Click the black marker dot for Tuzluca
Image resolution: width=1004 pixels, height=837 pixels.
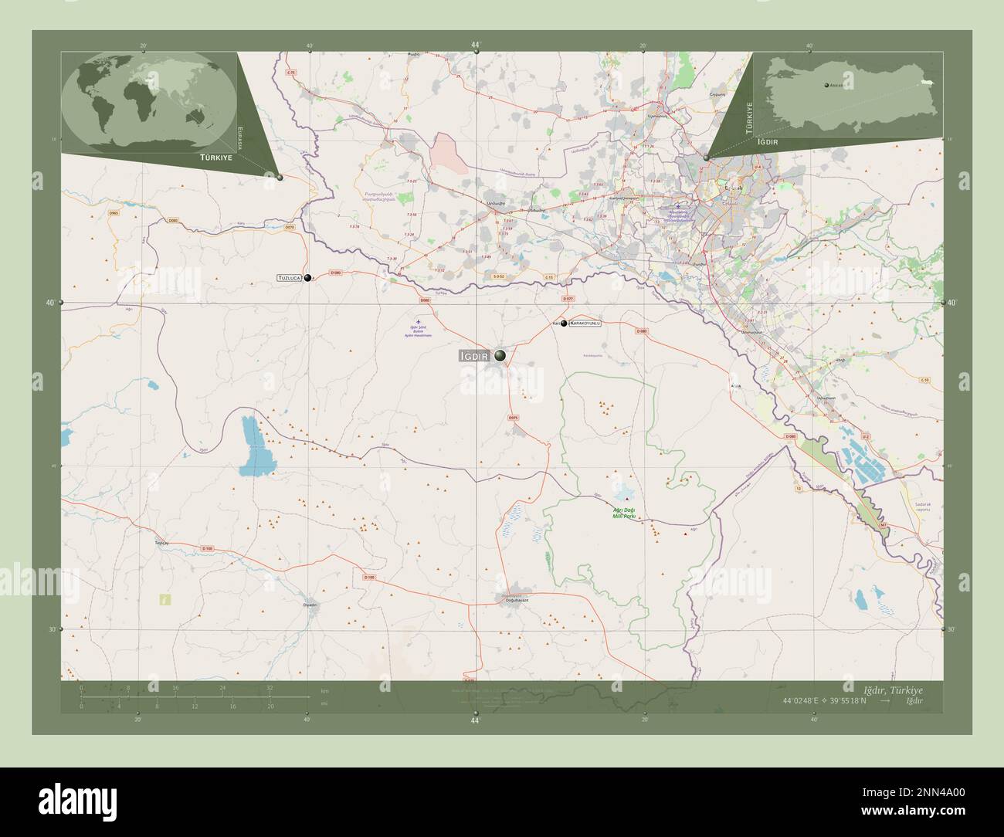coord(308,278)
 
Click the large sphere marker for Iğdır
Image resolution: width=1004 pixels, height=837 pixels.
coord(502,355)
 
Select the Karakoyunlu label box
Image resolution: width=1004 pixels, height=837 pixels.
coord(585,324)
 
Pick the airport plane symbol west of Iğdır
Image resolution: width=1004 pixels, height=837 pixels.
coord(419,320)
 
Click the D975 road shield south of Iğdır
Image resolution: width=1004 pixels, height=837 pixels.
coord(514,418)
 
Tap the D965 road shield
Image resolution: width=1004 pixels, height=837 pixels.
coord(114,212)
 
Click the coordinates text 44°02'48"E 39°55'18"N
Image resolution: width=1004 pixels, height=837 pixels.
coord(825,701)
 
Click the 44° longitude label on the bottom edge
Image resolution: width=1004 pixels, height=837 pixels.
coord(475,720)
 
